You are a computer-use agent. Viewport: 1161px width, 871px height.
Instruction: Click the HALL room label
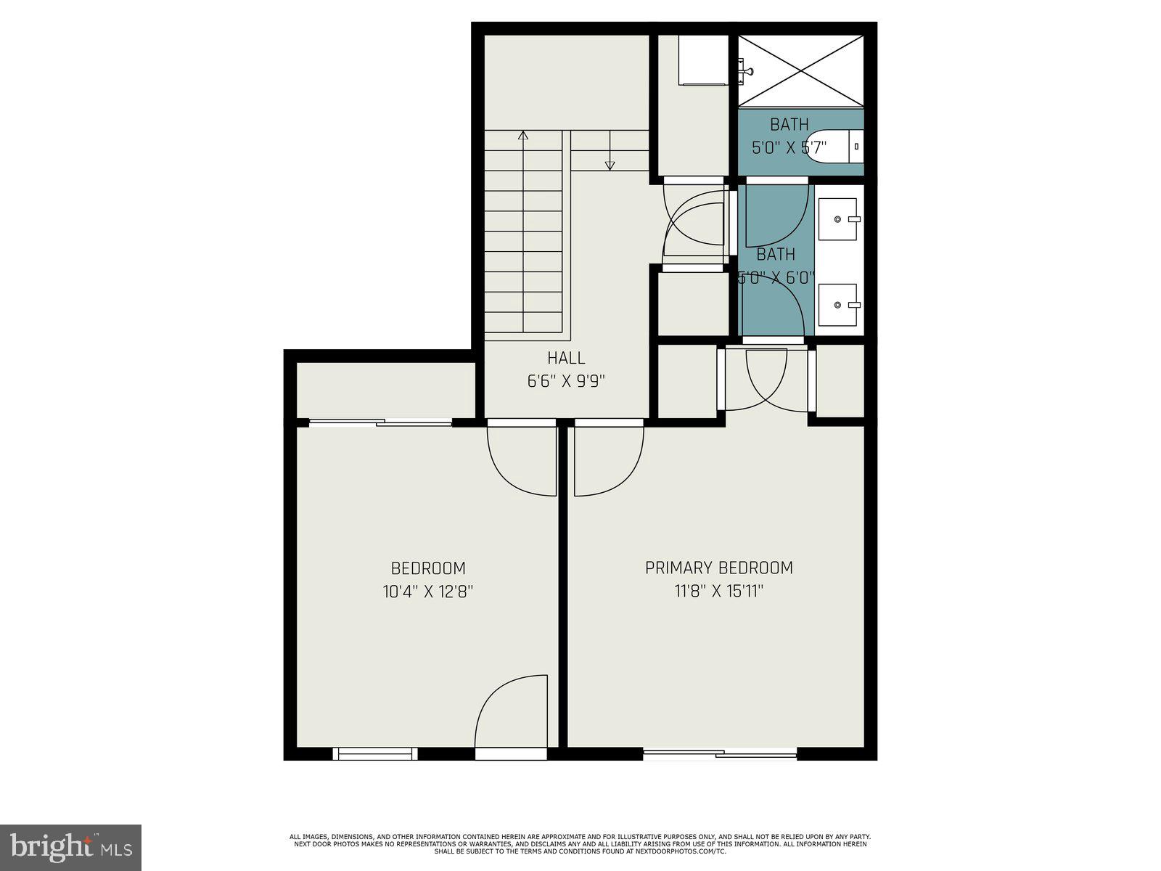[566, 358]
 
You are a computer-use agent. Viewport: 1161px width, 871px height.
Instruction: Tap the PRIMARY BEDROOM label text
[718, 568]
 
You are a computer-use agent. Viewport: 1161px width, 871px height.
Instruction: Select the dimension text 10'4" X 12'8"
[428, 592]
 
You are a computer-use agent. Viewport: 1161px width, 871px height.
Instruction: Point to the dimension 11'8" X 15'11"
[718, 592]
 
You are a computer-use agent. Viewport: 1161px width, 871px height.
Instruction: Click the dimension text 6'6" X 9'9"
[566, 381]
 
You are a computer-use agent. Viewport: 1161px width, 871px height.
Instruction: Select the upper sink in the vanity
[839, 218]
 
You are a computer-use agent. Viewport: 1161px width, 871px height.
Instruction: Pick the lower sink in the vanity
[839, 305]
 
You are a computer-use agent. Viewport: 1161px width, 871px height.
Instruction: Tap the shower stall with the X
[800, 70]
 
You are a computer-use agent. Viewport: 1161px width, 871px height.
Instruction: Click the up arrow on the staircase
[523, 135]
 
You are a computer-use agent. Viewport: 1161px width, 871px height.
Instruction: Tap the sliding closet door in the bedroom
[381, 422]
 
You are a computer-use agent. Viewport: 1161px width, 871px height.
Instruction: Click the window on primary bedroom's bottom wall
[720, 754]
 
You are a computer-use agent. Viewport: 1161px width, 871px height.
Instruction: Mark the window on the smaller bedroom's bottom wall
[375, 754]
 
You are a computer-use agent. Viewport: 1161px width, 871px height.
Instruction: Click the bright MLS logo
[70, 847]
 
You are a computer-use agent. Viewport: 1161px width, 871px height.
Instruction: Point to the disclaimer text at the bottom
[580, 843]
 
